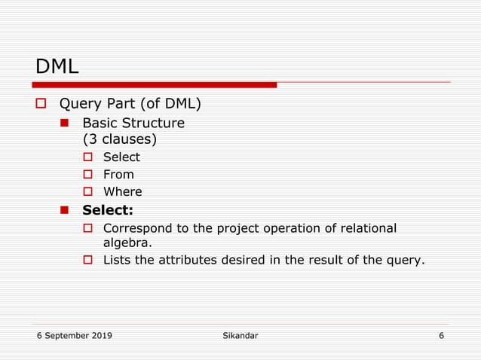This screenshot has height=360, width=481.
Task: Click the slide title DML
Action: pos(57,66)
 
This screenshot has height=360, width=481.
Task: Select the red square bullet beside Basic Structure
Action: pos(65,122)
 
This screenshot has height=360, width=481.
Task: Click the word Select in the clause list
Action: pos(121,157)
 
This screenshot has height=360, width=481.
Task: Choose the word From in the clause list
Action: pos(118,175)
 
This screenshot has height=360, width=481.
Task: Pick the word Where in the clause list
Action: pos(122,192)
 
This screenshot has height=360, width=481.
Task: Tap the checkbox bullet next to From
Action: pos(87,175)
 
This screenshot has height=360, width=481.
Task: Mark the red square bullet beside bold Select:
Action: pos(65,210)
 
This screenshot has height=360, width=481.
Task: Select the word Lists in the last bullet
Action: pos(117,261)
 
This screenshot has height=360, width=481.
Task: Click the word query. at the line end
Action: pos(406,261)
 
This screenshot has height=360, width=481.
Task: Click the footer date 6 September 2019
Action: pos(75,335)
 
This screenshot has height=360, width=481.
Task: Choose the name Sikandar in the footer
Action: pos(235,335)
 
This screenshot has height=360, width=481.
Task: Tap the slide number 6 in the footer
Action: pos(441,335)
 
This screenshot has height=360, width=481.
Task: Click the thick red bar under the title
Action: pos(156,85)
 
